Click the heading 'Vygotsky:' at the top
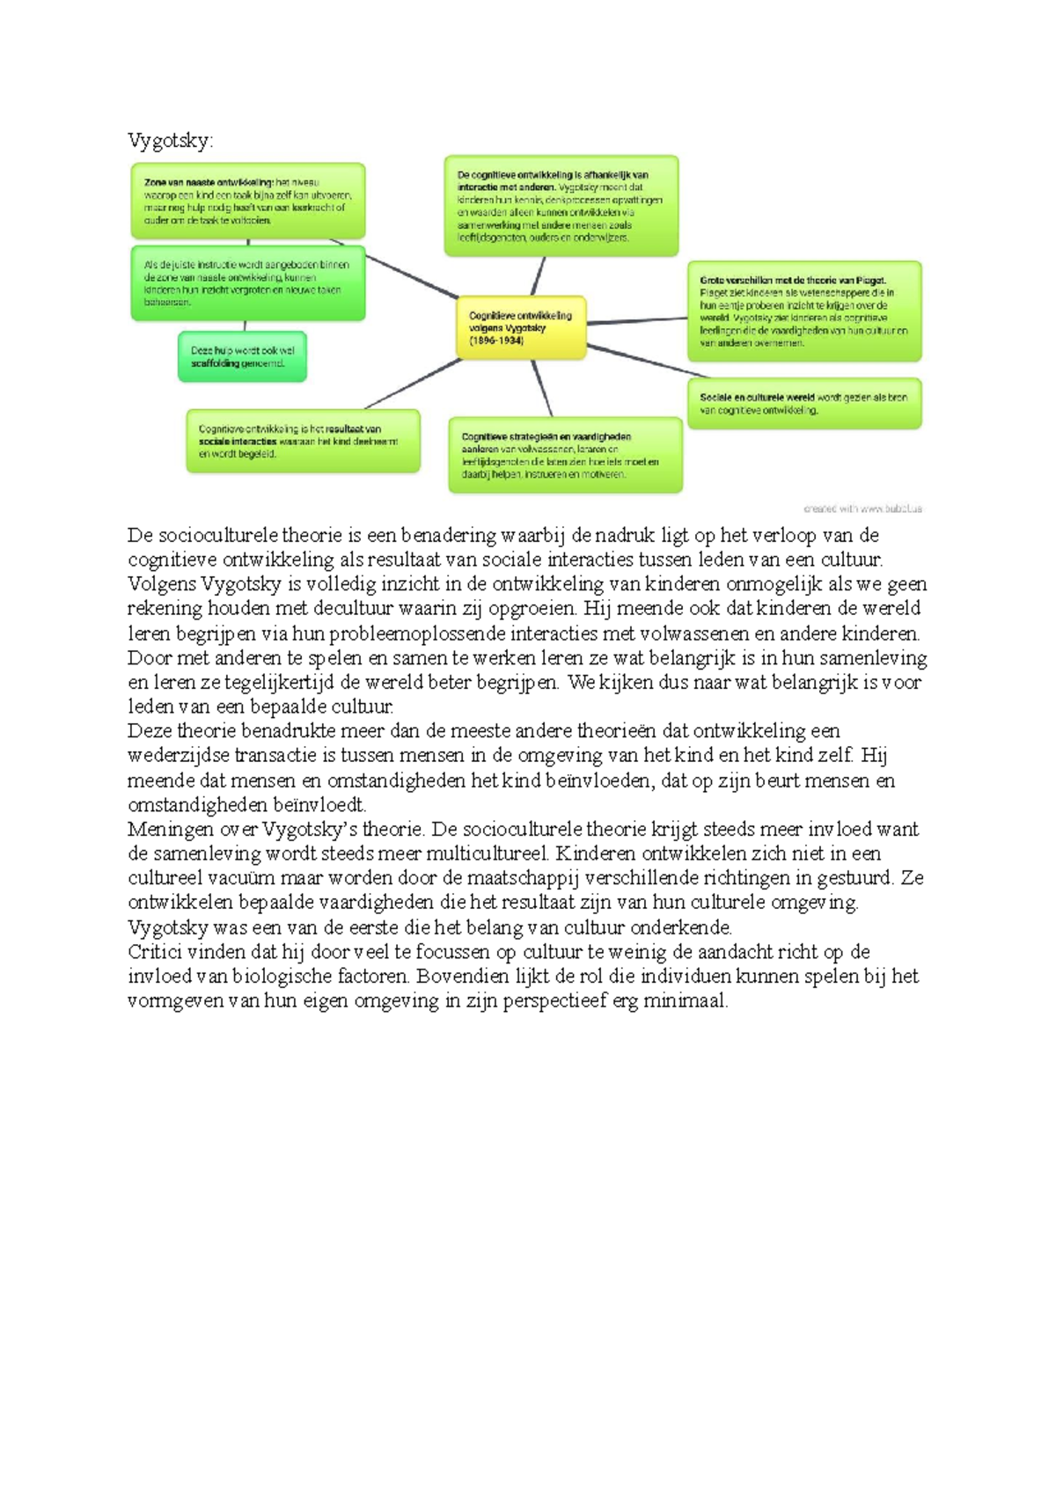(170, 141)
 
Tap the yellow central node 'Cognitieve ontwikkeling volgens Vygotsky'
(521, 327)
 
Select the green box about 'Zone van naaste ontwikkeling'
(247, 201)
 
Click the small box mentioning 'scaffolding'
(242, 356)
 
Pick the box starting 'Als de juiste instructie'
(247, 282)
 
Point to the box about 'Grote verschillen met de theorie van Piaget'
(803, 311)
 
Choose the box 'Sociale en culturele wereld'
(803, 404)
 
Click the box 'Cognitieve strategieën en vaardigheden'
(565, 455)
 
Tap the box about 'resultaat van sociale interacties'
(302, 441)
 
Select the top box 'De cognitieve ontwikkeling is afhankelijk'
(561, 206)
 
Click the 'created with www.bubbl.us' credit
(862, 509)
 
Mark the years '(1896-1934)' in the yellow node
(496, 341)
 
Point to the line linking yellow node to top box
(538, 276)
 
